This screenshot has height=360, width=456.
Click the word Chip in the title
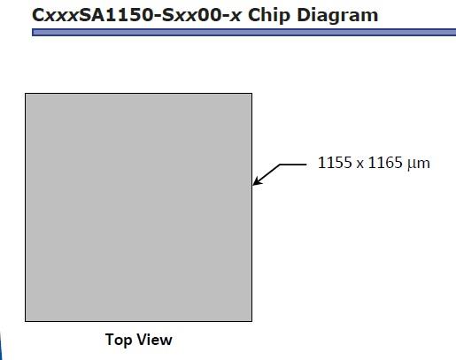coord(269,15)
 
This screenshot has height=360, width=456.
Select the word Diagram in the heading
coord(337,16)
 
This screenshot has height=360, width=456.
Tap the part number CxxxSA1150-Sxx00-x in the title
coord(136,15)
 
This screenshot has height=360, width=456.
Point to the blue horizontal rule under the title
coord(243,32)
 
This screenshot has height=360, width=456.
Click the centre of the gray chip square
coord(138,207)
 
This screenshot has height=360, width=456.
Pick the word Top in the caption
coord(118,340)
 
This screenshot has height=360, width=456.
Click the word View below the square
coord(155,340)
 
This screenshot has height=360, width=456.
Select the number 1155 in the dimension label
coord(335,163)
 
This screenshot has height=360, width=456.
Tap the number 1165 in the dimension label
coord(385,163)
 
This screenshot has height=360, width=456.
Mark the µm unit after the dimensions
coord(419,164)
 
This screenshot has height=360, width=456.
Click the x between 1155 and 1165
coord(359,165)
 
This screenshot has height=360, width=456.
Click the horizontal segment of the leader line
coord(293,165)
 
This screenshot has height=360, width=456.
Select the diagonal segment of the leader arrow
coord(267,174)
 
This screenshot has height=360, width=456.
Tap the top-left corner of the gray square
coord(25,93)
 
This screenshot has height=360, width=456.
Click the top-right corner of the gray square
coord(252,93)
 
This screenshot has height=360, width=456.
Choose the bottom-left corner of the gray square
coord(25,321)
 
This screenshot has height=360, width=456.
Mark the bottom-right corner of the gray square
coord(252,321)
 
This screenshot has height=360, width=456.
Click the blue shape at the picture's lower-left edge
coord(1,347)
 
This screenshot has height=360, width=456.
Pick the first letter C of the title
coord(38,15)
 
